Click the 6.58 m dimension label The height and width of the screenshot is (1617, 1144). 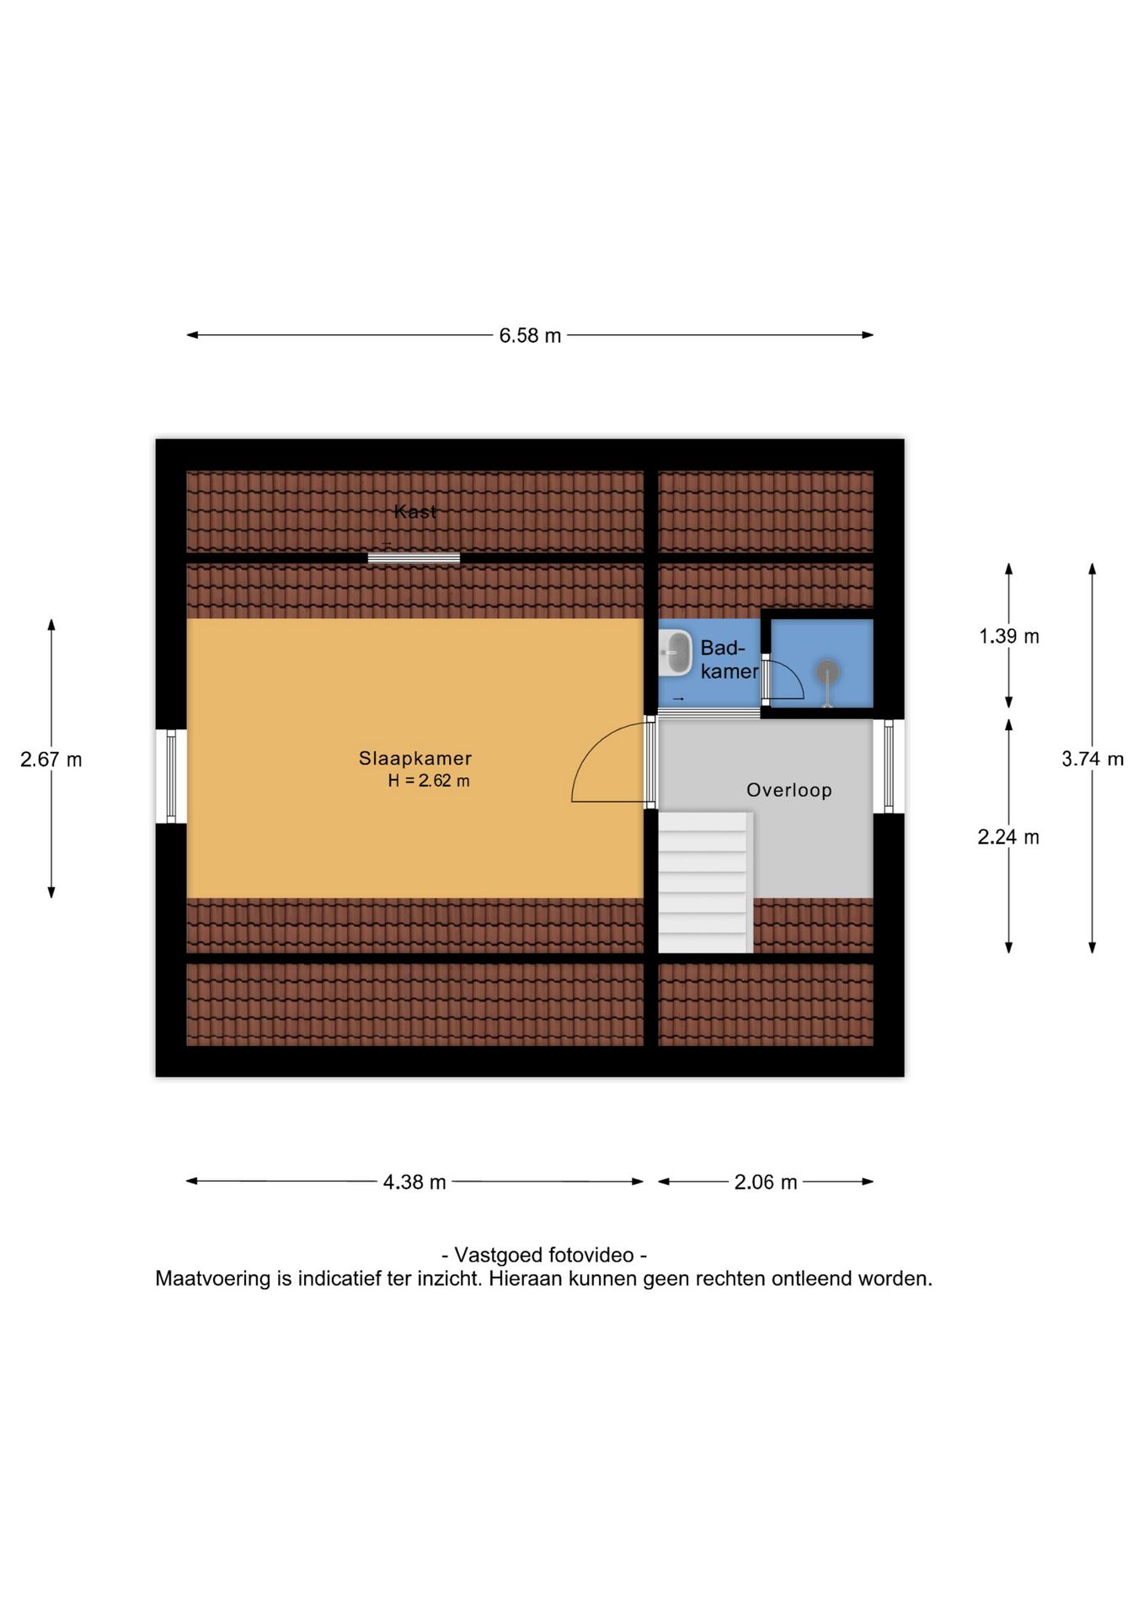click(x=530, y=335)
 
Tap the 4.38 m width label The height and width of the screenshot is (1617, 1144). click(x=414, y=1182)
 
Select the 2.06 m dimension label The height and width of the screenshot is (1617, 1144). click(x=765, y=1182)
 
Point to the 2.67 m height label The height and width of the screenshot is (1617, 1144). click(x=51, y=759)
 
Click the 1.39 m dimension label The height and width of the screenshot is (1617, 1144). click(x=1008, y=636)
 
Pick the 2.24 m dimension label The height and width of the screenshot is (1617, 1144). click(x=1008, y=836)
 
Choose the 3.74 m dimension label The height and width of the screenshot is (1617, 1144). click(x=1093, y=759)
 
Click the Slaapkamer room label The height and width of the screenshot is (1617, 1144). click(x=415, y=758)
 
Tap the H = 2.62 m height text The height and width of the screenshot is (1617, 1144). click(x=429, y=781)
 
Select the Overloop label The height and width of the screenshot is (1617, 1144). click(x=789, y=790)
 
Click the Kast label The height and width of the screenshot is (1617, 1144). click(x=415, y=511)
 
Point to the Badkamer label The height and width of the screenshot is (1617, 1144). click(x=730, y=659)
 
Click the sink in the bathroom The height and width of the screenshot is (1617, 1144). click(x=674, y=653)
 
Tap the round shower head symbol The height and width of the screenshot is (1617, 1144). click(x=827, y=672)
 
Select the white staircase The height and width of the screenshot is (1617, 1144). click(x=703, y=883)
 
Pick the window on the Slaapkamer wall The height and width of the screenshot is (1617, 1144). click(x=171, y=776)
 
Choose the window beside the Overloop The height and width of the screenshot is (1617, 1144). click(x=889, y=766)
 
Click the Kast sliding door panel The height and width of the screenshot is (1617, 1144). click(x=414, y=558)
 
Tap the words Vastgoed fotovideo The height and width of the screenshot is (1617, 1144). click(x=544, y=1255)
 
